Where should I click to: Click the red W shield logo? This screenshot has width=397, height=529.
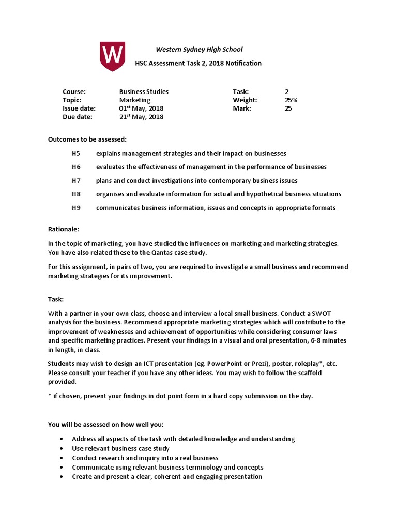[x=112, y=56]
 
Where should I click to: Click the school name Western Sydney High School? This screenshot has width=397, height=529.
[x=199, y=50]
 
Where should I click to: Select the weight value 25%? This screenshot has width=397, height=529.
[x=291, y=100]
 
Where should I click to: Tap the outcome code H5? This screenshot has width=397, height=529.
[x=77, y=154]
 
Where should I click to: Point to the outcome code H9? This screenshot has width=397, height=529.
[x=77, y=208]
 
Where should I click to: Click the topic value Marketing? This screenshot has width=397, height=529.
[x=135, y=100]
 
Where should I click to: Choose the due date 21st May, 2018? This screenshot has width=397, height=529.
[x=141, y=117]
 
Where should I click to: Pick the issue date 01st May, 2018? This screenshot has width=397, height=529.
[x=141, y=108]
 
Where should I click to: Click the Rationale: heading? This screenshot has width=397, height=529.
[x=64, y=229]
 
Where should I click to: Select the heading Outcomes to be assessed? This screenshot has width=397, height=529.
[x=87, y=139]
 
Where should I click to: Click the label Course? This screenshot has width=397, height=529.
[x=74, y=92]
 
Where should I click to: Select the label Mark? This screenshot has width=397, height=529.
[x=242, y=108]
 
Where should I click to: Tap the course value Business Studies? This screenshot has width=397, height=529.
[x=144, y=92]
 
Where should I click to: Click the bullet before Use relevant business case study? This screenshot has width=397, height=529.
[x=61, y=449]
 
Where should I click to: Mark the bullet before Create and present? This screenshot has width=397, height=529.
[x=61, y=477]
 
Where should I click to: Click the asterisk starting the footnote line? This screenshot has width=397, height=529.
[x=50, y=396]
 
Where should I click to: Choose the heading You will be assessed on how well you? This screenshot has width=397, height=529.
[x=105, y=425]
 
